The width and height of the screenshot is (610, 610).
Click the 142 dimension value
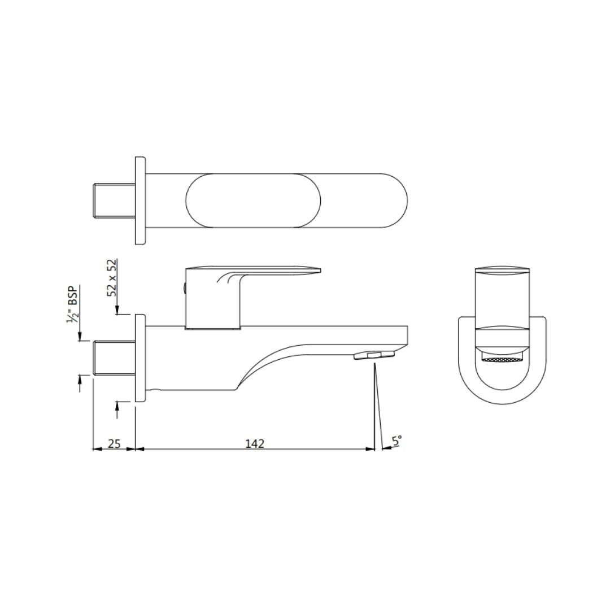click(255, 443)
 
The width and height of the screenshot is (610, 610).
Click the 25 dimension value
click(114, 443)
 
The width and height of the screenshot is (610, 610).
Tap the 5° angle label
click(397, 441)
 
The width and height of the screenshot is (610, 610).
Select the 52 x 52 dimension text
click(112, 278)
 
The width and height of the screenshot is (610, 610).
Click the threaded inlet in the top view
click(114, 201)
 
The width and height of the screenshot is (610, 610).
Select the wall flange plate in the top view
click(140, 201)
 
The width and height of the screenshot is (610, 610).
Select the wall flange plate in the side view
click(140, 358)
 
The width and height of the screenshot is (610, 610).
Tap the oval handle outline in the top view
click(253, 201)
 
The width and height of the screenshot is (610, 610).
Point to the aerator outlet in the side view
click(373, 355)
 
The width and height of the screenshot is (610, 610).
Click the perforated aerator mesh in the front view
click(502, 359)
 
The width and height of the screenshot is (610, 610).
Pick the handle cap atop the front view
click(502, 269)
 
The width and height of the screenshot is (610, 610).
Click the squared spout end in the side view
click(402, 337)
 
